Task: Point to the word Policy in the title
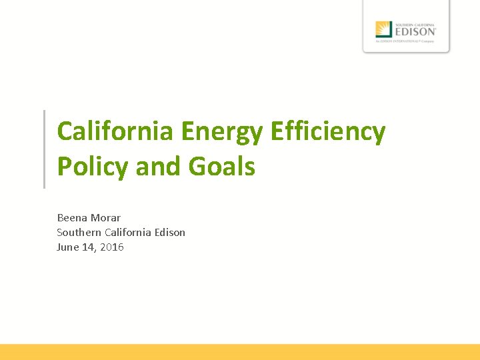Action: coord(93,167)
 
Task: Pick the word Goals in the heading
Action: coord(222,166)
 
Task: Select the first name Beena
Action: coord(71,217)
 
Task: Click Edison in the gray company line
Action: coord(170,232)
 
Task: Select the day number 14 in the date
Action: coord(90,247)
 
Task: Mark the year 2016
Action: coord(112,247)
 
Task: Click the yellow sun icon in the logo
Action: coord(383,29)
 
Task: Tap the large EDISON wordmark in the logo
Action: coord(415,31)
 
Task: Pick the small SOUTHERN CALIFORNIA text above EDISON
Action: coord(415,23)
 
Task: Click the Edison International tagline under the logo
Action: coord(405,41)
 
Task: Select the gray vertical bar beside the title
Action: coord(44,149)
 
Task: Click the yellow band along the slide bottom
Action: coord(240,352)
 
